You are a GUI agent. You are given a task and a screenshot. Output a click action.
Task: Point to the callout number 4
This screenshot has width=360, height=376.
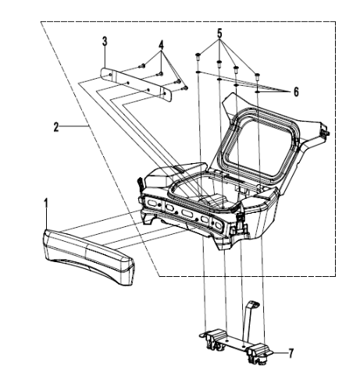pos(161,44)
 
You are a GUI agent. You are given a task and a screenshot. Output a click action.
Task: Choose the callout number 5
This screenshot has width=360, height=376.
pos(220,34)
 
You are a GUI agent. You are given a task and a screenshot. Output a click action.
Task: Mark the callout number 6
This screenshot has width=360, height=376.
pos(295,91)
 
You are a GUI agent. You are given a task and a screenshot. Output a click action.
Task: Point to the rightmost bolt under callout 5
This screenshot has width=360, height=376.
pos(258,76)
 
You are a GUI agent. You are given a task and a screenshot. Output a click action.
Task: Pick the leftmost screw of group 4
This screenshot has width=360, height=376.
pos(141,67)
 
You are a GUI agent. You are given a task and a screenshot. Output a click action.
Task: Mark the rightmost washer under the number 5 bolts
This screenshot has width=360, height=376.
pos(258,92)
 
